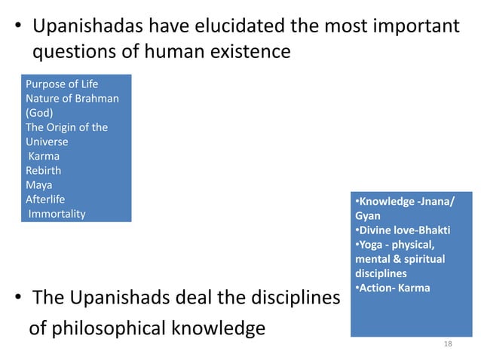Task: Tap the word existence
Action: pyautogui.click(x=246, y=52)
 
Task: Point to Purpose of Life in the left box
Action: pyautogui.click(x=62, y=84)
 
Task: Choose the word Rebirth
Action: pyautogui.click(x=44, y=170)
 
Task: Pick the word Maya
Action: pyautogui.click(x=39, y=185)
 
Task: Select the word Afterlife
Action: pyautogui.click(x=45, y=199)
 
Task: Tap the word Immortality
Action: pyautogui.click(x=57, y=214)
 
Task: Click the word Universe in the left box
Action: pyautogui.click(x=47, y=142)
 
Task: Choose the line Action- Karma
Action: pyautogui.click(x=392, y=287)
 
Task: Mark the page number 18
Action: pyautogui.click(x=448, y=343)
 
